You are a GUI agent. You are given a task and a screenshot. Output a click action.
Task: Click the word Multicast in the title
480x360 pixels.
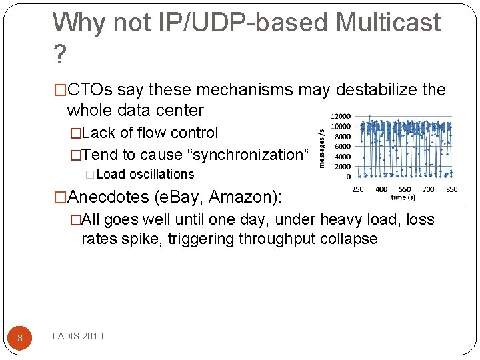click(x=388, y=23)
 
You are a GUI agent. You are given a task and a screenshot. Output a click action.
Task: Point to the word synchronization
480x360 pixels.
click(x=247, y=155)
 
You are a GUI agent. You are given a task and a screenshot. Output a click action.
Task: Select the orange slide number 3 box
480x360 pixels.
click(x=20, y=337)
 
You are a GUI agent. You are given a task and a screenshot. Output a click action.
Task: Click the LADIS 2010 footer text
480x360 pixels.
click(x=78, y=336)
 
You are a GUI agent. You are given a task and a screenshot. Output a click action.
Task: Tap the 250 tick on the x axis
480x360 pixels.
click(x=357, y=189)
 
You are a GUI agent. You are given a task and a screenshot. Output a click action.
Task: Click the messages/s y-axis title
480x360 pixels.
click(x=323, y=148)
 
